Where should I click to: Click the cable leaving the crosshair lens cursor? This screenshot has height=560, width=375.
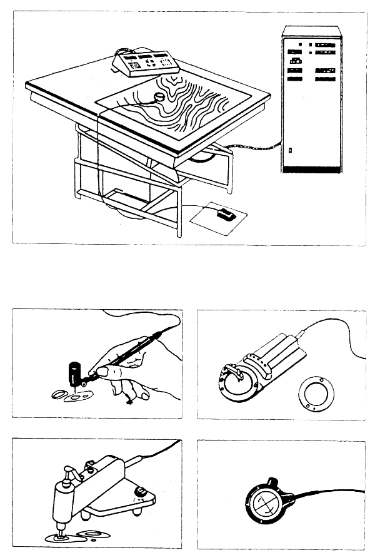[x=325, y=494]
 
